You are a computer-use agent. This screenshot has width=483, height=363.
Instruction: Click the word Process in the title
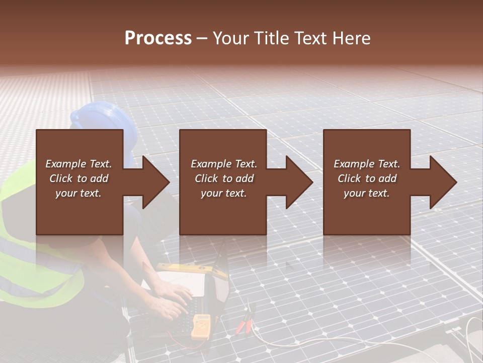pyautogui.click(x=158, y=38)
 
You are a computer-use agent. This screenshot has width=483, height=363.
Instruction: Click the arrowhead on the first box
pyautogui.click(x=151, y=182)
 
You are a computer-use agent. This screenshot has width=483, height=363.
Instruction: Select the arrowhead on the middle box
pyautogui.click(x=294, y=182)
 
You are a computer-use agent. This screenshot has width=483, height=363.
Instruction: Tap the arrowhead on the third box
pyautogui.click(x=438, y=182)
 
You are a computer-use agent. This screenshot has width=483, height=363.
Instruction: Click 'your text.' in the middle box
pyautogui.click(x=223, y=193)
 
